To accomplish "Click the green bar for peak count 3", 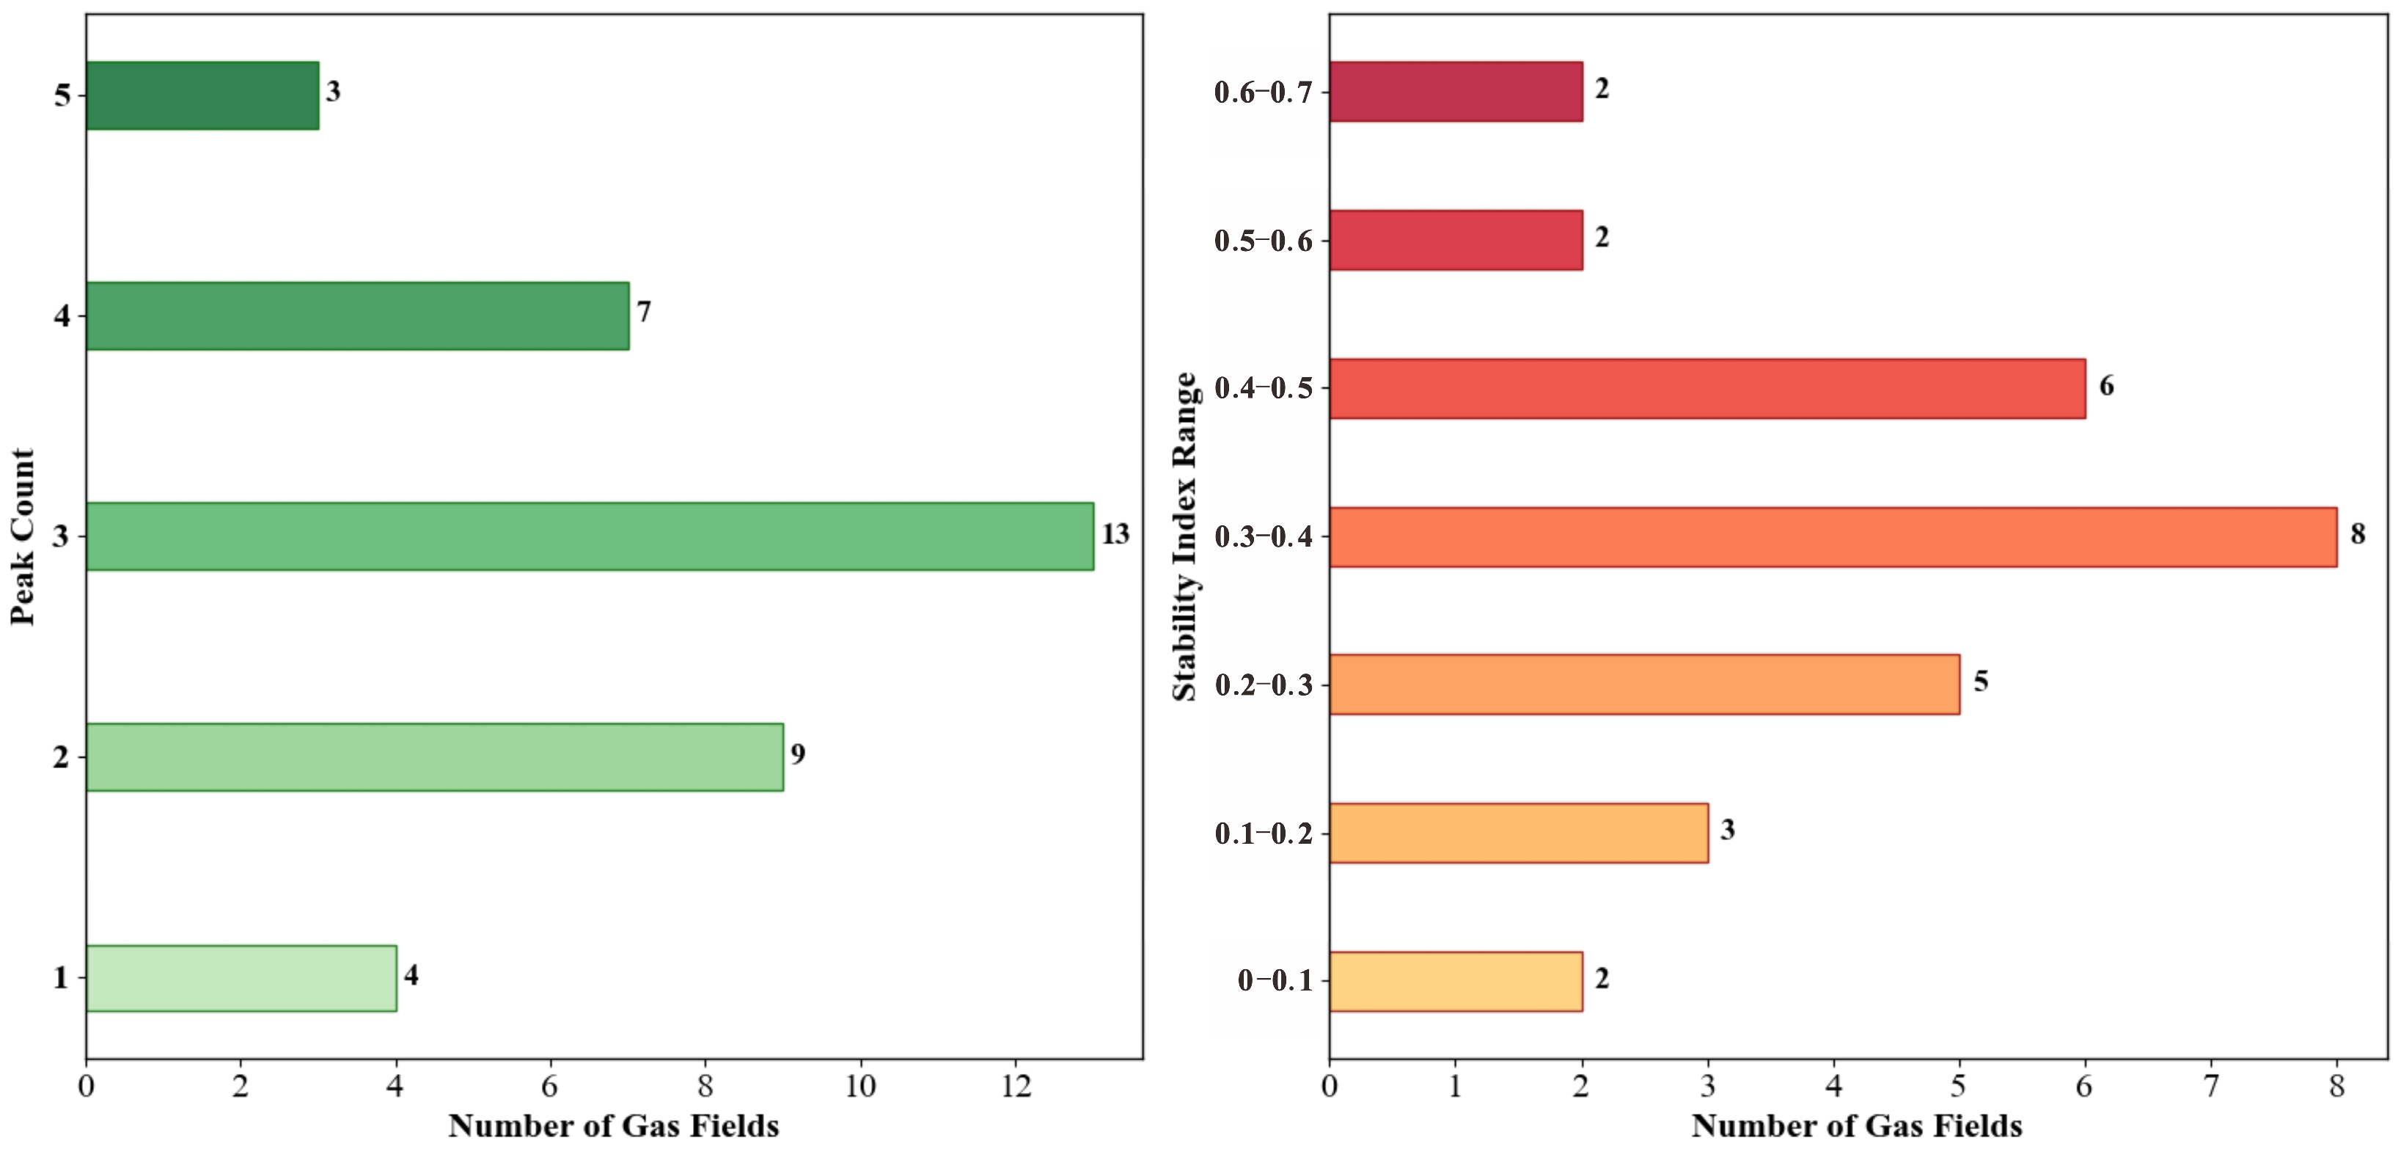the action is pos(590,536).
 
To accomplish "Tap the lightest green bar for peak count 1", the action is pos(241,977).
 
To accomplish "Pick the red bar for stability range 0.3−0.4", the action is pos(1833,537).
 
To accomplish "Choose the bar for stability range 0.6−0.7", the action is pos(1456,91).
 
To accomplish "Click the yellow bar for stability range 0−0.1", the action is pos(1456,982).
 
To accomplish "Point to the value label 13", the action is pos(1115,534).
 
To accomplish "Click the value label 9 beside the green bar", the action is pos(798,754).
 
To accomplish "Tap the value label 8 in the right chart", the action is pos(2357,533).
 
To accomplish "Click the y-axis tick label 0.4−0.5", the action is pos(1264,388).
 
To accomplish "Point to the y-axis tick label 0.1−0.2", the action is pos(1264,834).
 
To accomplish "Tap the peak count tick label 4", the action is pos(62,316).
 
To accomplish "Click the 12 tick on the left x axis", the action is pos(1016,1087).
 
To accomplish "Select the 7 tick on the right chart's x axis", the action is pos(2211,1087).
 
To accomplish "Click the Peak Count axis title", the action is pos(22,537).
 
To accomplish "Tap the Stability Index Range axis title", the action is pos(1184,536).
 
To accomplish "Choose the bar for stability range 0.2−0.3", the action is pos(1644,685).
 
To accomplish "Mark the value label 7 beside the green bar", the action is pos(643,312).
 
